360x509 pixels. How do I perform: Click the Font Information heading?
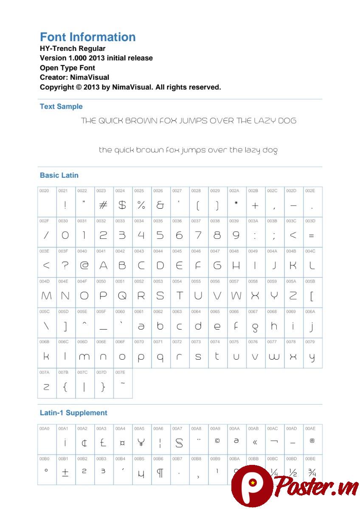pos(88,37)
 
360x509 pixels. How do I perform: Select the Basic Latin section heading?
pos(59,175)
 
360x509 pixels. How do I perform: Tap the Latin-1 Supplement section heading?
pos(73,413)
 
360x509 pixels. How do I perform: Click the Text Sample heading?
pos(61,106)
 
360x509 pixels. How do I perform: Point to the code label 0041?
pos(101,251)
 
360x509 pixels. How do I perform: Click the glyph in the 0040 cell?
pos(84,266)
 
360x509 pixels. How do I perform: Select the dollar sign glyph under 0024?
pos(122,205)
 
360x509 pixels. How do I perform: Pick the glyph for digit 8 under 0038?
pos(217,235)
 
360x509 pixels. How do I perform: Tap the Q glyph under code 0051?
pos(122,296)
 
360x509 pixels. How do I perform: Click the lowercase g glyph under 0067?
pos(255,327)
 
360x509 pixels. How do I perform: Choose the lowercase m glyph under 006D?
pos(84,357)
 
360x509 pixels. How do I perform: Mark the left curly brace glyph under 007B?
pos(65,387)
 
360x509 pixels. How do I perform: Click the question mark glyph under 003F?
pos(65,266)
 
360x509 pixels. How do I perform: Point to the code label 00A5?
pos(139,428)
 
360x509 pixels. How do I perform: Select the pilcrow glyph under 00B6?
pos(160,473)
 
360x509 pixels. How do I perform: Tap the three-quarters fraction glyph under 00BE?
pos(312,473)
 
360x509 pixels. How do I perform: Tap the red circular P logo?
pos(252,485)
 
